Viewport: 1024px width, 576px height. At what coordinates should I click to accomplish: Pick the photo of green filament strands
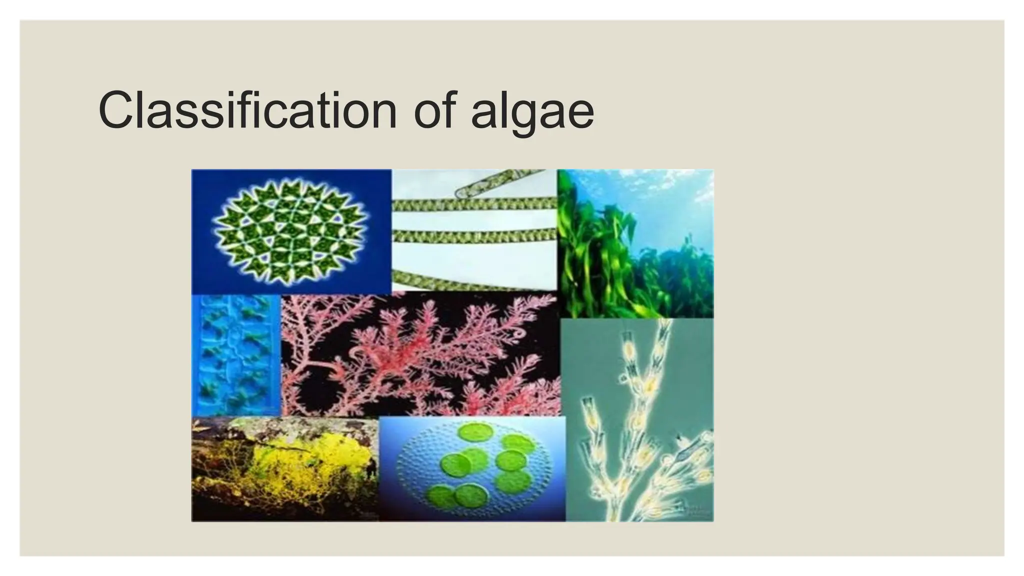pos(474,230)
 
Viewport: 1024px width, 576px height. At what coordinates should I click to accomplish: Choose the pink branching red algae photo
pos(420,355)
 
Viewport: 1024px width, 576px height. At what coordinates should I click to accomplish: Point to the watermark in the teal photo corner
pos(697,510)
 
